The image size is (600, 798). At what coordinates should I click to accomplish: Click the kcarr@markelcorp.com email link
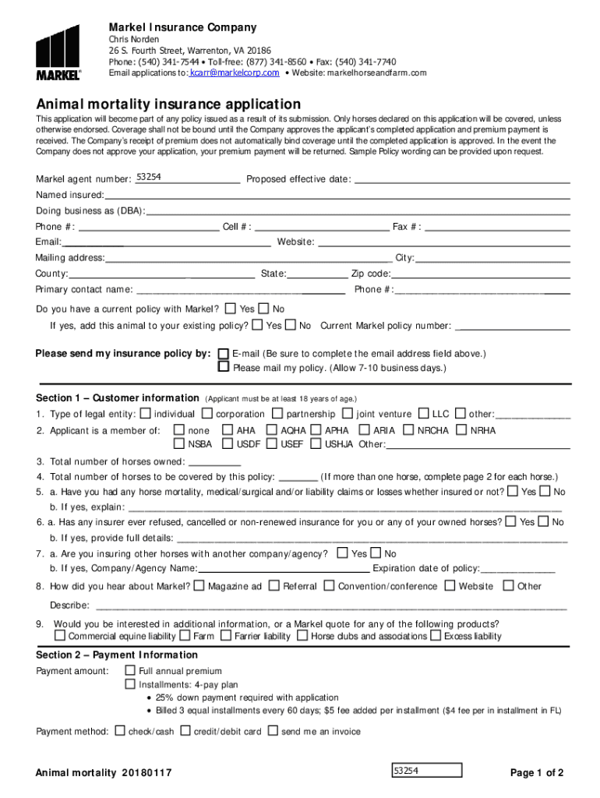click(235, 72)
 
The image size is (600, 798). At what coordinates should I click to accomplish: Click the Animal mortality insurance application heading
click(168, 104)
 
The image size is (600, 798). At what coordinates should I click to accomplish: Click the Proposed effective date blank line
click(462, 179)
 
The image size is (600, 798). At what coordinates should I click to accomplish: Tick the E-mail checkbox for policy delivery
click(224, 354)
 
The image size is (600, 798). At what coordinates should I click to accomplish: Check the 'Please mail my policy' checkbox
click(224, 367)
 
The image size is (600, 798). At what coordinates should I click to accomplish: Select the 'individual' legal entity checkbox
click(145, 414)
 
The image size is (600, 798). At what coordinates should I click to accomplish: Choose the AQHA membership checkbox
click(272, 430)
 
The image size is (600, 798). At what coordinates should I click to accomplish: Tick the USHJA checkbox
click(316, 444)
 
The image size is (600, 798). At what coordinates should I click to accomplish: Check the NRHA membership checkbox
click(461, 430)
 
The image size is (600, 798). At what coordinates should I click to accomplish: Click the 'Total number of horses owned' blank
click(214, 461)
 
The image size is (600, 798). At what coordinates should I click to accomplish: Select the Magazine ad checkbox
click(199, 586)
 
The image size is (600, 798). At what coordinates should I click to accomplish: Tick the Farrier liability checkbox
click(226, 636)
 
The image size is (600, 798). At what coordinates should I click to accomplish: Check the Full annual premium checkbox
click(130, 671)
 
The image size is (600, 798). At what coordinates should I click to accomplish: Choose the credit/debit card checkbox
click(185, 731)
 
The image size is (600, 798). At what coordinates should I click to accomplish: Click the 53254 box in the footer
click(426, 771)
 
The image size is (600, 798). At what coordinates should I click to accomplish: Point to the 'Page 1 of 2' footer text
click(536, 773)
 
